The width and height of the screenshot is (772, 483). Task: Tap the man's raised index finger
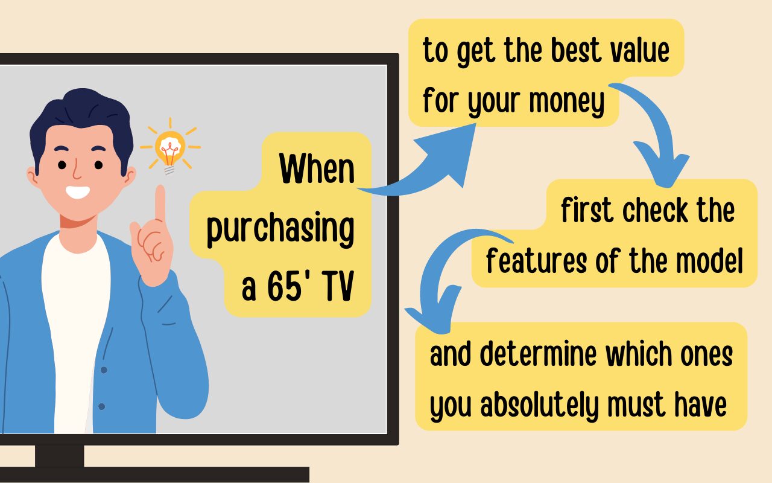pyautogui.click(x=160, y=203)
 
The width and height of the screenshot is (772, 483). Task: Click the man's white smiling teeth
pyautogui.click(x=78, y=192)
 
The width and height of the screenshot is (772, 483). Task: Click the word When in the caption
pyautogui.click(x=317, y=168)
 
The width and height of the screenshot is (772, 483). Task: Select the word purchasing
pyautogui.click(x=280, y=228)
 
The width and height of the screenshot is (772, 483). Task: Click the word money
pyautogui.click(x=567, y=101)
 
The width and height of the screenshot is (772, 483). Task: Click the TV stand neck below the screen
pyautogui.click(x=60, y=456)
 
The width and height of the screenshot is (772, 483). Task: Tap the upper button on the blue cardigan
pyautogui.click(x=104, y=370)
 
